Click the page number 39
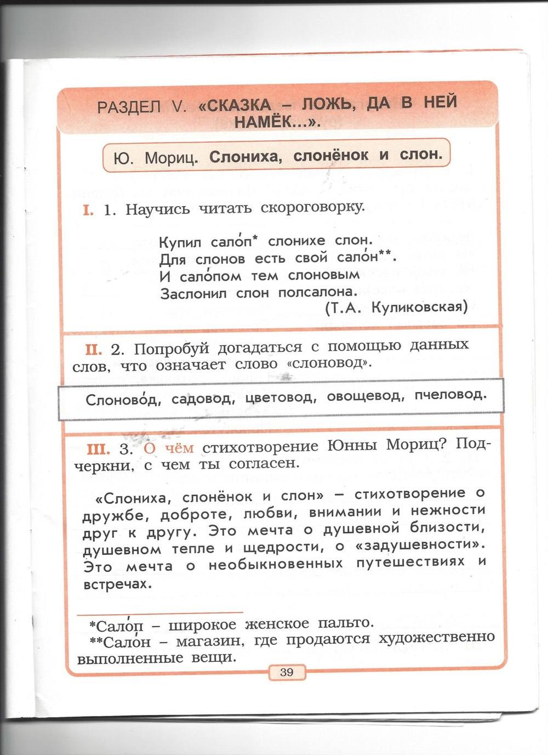pos(287,672)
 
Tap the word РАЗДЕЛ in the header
pos(129,107)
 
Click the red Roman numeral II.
pos(92,348)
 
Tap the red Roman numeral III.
pos(99,449)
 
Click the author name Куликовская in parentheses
pos(419,308)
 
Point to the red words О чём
pos(169,448)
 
